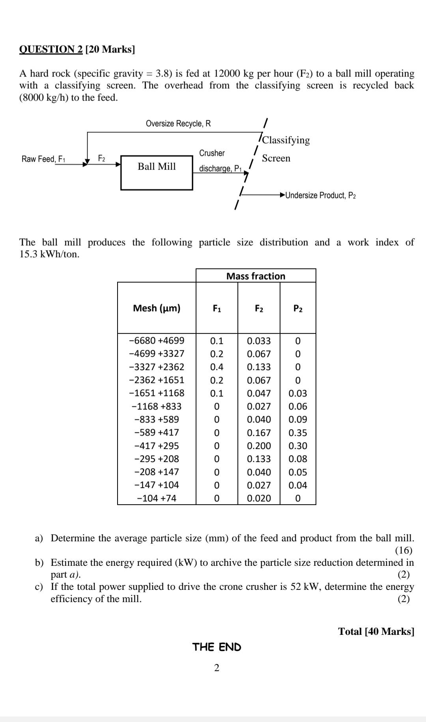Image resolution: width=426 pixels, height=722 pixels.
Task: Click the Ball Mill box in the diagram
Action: (x=157, y=172)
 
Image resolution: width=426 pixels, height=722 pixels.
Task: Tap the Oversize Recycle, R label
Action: (x=178, y=123)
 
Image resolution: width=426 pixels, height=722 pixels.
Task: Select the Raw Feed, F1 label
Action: (x=43, y=159)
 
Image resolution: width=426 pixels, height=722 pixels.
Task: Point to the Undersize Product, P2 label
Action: (x=320, y=195)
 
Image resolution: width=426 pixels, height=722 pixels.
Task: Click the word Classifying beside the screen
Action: (x=286, y=140)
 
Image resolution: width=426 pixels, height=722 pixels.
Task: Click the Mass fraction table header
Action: (x=256, y=276)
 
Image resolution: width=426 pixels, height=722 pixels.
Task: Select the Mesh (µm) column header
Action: (x=157, y=308)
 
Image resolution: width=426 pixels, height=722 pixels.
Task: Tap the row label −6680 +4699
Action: (x=157, y=340)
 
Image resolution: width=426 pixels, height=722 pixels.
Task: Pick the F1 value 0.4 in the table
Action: (x=217, y=367)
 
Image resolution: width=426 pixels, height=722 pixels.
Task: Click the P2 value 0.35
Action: (x=298, y=433)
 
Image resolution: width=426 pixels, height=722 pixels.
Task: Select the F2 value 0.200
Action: (x=259, y=446)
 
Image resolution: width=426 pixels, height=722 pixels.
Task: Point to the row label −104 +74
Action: (x=157, y=498)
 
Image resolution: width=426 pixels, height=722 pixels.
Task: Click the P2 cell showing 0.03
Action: (x=298, y=393)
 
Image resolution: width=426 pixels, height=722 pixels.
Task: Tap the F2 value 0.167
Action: (x=259, y=433)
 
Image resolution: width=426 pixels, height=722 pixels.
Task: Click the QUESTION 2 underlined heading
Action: (x=51, y=49)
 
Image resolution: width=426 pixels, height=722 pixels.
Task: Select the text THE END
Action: (x=217, y=647)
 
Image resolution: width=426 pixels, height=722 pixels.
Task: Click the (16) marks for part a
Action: (x=404, y=550)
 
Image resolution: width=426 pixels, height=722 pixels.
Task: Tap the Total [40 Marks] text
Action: (x=376, y=631)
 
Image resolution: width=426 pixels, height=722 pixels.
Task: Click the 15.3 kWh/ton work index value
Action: (x=49, y=254)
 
